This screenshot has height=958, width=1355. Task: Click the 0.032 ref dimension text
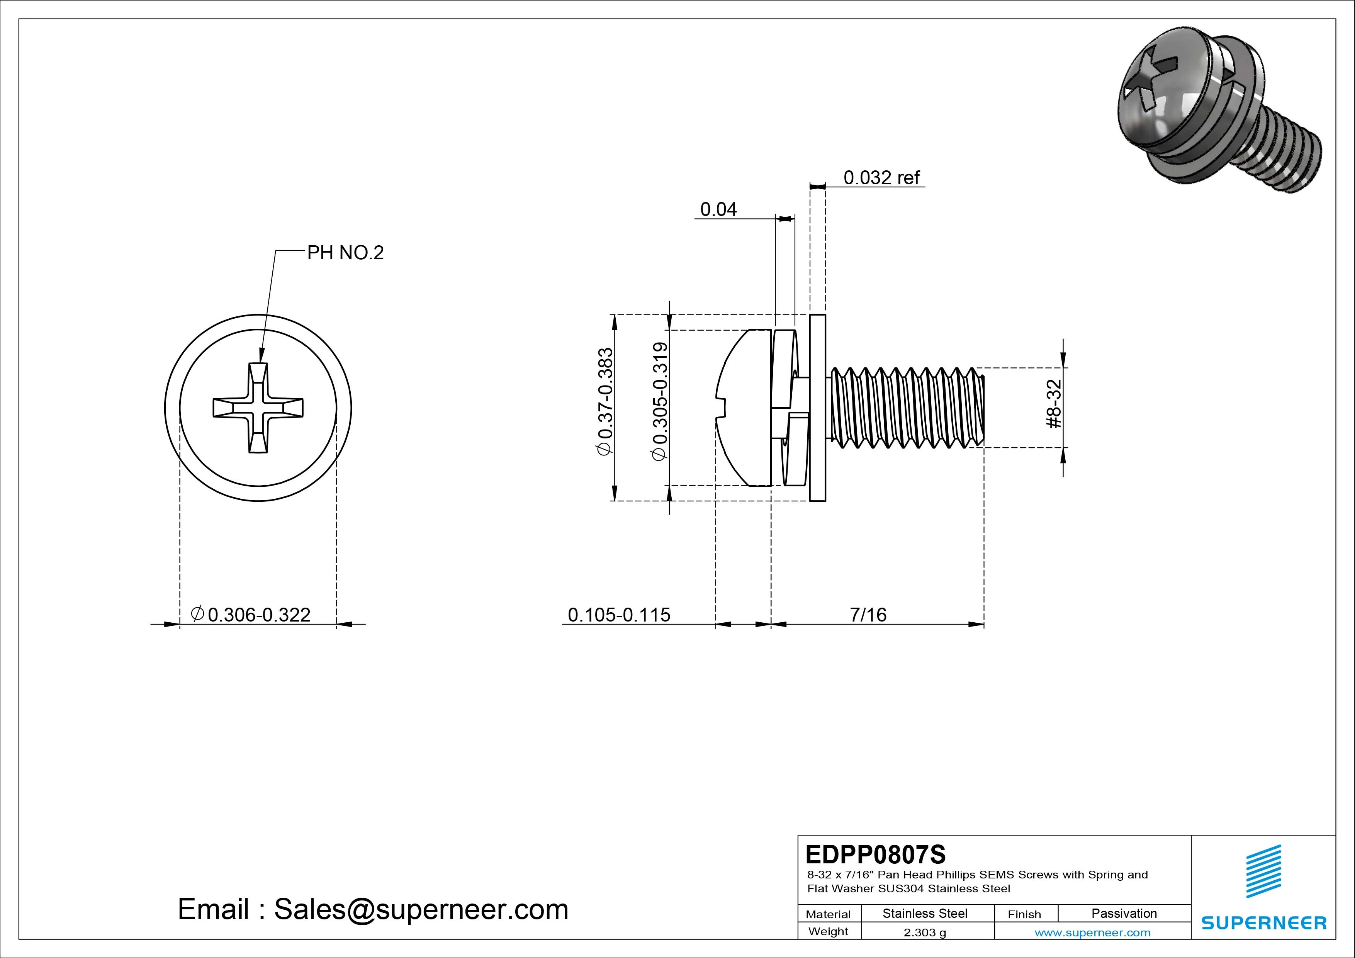click(881, 178)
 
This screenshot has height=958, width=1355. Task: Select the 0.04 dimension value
click(718, 209)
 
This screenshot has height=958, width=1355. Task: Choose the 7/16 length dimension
click(868, 615)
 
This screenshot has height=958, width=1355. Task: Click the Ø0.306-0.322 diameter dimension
click(251, 615)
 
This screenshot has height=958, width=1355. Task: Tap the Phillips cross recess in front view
click(258, 408)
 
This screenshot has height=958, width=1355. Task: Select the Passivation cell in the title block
click(1124, 914)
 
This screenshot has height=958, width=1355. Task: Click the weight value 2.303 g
click(924, 933)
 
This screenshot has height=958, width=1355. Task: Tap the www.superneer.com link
click(1092, 933)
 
